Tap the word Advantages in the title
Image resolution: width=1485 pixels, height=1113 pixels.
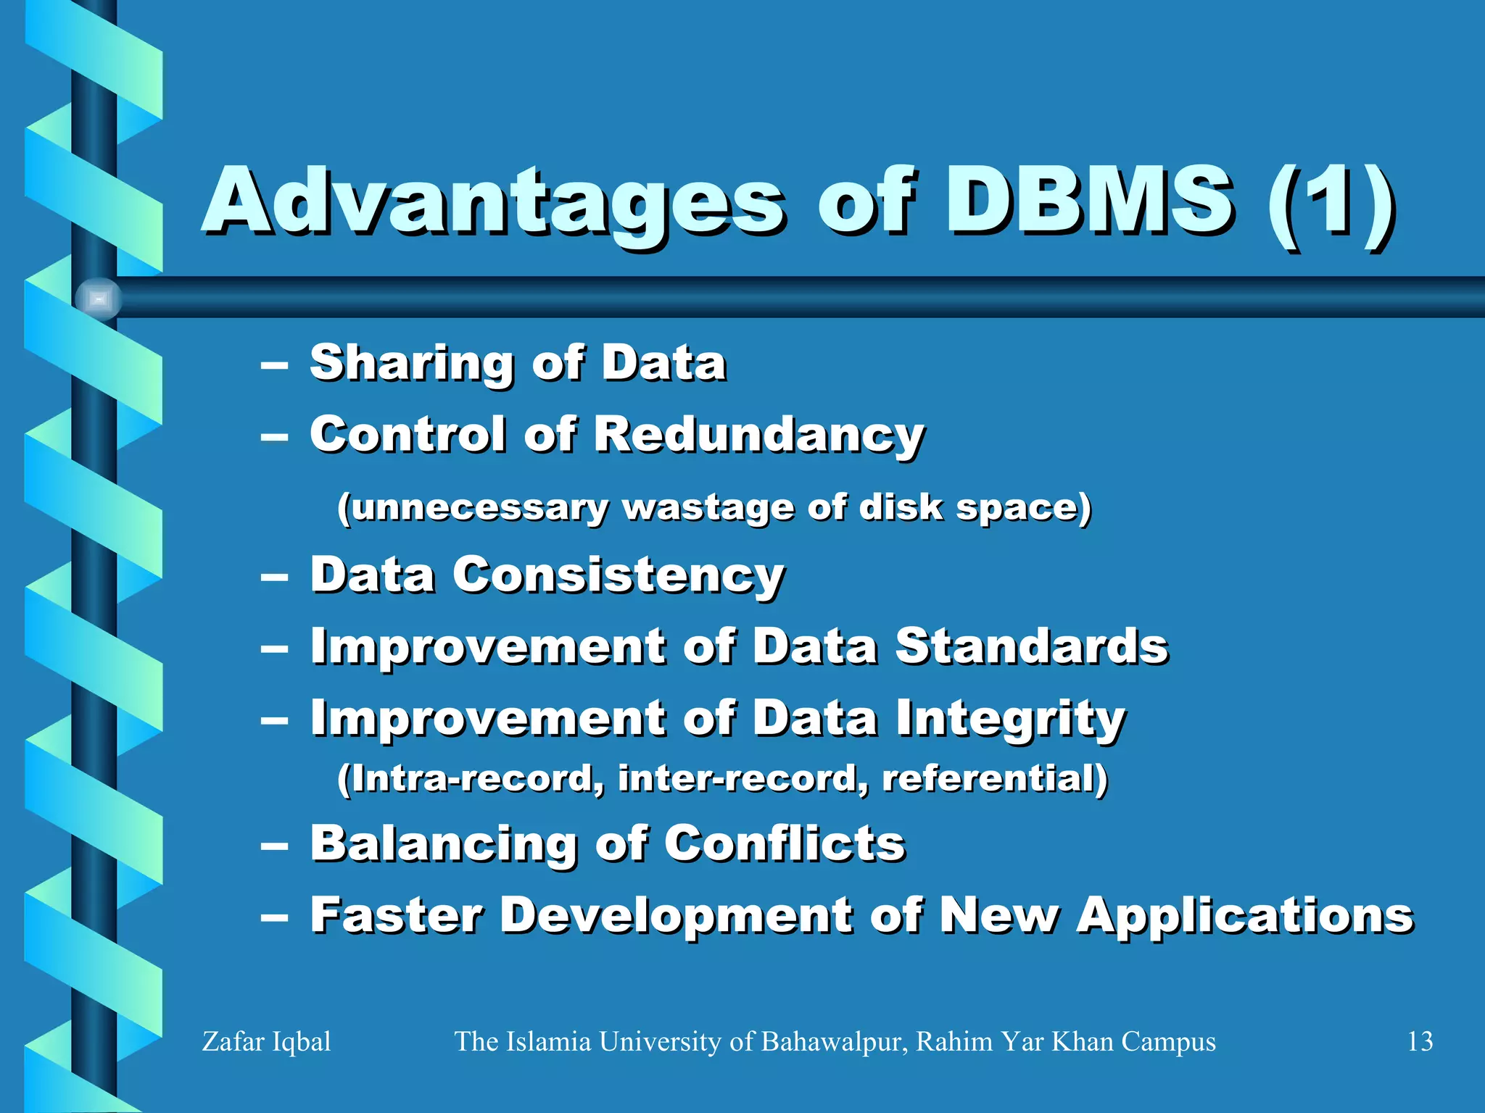pyautogui.click(x=493, y=203)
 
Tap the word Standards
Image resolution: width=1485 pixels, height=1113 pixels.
pyautogui.click(x=1031, y=646)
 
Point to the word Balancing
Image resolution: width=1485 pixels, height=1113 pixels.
pyautogui.click(x=443, y=845)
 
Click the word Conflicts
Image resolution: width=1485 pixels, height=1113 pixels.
pyautogui.click(x=785, y=844)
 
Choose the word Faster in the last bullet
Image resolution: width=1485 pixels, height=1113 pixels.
pyautogui.click(x=396, y=915)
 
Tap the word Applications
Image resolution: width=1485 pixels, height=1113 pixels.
pyautogui.click(x=1244, y=917)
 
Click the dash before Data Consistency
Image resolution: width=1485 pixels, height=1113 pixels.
pyautogui.click(x=275, y=578)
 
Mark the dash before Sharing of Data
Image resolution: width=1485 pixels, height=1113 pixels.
pyautogui.click(x=275, y=366)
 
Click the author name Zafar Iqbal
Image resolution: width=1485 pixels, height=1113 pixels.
pyautogui.click(x=266, y=1042)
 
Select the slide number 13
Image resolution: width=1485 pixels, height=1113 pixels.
pyautogui.click(x=1419, y=1042)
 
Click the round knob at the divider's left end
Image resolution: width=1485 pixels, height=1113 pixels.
pyautogui.click(x=99, y=299)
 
